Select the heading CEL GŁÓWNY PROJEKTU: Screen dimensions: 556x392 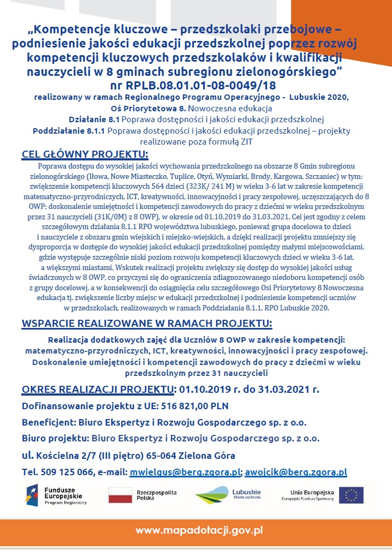(x=85, y=154)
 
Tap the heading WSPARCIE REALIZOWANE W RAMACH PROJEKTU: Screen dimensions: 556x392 (x=147, y=324)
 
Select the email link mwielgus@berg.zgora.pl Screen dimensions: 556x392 (x=185, y=472)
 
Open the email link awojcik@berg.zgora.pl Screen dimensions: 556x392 (x=296, y=472)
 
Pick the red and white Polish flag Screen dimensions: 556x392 (x=121, y=495)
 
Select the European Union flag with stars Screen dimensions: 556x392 (x=351, y=495)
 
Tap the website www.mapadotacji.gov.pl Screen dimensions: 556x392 (x=199, y=530)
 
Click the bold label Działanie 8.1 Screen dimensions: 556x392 (x=94, y=119)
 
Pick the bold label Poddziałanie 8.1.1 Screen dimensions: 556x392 (x=69, y=131)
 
